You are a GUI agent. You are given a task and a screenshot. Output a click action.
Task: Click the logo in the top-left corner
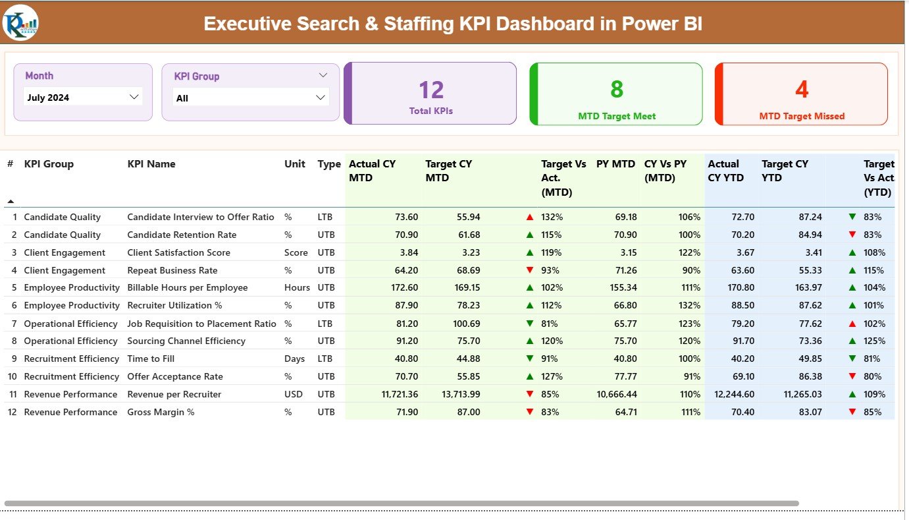(20, 23)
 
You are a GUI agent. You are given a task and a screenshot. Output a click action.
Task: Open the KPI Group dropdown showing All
(250, 98)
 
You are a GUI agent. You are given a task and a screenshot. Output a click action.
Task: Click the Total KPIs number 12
(431, 90)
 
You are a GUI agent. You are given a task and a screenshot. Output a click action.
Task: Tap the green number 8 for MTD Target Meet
(617, 90)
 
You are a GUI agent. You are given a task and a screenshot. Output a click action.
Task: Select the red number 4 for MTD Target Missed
(802, 90)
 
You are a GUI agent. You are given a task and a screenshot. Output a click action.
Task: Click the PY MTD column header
(615, 164)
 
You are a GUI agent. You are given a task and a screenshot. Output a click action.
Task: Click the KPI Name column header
(151, 164)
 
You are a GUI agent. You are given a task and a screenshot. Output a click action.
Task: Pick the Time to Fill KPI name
(151, 359)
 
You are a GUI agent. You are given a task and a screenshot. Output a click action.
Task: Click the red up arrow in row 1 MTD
(530, 217)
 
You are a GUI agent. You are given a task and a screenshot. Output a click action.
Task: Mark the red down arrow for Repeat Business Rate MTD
(530, 270)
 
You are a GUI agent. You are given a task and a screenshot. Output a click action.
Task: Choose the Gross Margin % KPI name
(161, 412)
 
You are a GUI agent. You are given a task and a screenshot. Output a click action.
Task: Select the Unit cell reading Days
(295, 359)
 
